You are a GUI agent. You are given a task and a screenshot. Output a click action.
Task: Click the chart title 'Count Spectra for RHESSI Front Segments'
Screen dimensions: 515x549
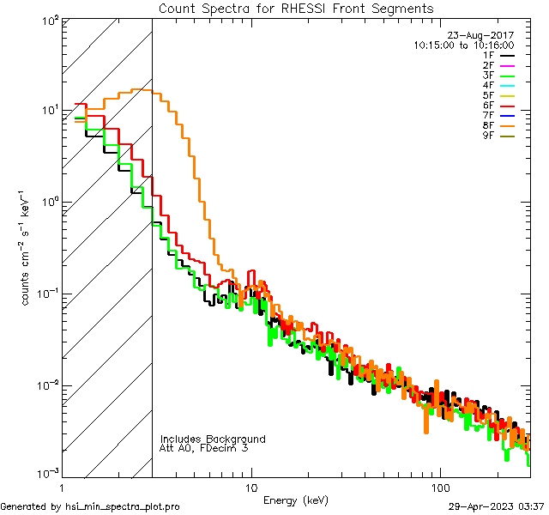pyautogui.click(x=296, y=8)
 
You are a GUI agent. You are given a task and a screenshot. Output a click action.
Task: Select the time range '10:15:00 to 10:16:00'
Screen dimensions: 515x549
pyautogui.click(x=463, y=45)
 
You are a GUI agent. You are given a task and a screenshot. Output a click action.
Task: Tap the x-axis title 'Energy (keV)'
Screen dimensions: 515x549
pyautogui.click(x=296, y=500)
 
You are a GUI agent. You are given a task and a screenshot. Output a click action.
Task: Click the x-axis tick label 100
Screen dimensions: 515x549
pyautogui.click(x=440, y=488)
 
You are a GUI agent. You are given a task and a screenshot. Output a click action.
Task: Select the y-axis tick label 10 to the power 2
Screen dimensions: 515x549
pyautogui.click(x=48, y=20)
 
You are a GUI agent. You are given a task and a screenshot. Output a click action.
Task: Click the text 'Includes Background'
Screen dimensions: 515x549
pyautogui.click(x=213, y=439)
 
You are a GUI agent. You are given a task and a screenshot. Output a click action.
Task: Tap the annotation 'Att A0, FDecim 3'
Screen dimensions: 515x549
pyautogui.click(x=204, y=449)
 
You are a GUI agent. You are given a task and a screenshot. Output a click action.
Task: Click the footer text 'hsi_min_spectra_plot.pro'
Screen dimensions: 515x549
pyautogui.click(x=123, y=506)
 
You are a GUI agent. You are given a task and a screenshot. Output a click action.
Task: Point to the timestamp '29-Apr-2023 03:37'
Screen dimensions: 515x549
pyautogui.click(x=497, y=506)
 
